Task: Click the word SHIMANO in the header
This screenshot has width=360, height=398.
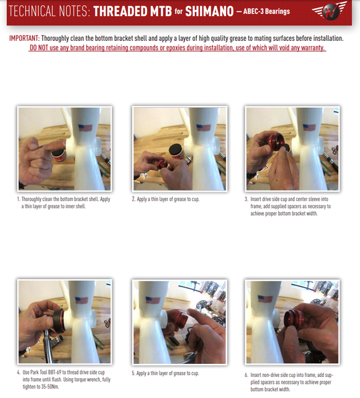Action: (209, 11)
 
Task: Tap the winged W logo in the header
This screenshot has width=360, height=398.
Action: (330, 11)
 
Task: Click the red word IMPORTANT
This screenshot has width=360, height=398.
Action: (24, 38)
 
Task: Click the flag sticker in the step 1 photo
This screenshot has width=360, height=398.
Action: (86, 128)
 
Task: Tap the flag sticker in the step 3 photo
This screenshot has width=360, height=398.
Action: (309, 127)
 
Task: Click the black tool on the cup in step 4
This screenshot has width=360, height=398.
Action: (60, 321)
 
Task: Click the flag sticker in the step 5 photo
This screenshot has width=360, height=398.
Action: (153, 300)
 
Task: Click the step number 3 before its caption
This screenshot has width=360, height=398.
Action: (246, 199)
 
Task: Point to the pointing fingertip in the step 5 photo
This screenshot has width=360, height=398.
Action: (190, 312)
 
